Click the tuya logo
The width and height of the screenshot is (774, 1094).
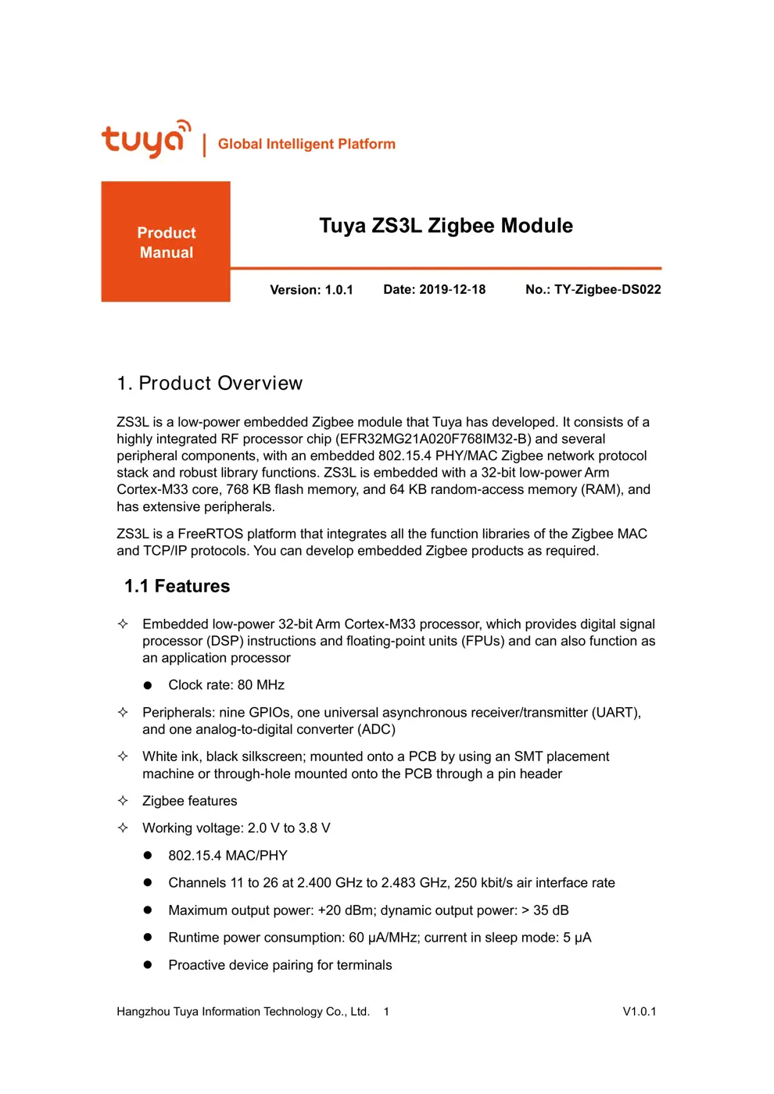pos(145,140)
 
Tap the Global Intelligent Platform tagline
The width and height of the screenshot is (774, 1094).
pos(306,144)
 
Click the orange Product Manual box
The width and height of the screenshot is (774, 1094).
pos(166,242)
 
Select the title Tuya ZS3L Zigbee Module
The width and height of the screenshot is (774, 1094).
pos(446,226)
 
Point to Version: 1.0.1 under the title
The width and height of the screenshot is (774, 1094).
pos(311,290)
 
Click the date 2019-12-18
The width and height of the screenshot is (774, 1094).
pos(452,289)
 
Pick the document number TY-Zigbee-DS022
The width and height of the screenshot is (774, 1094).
pos(607,289)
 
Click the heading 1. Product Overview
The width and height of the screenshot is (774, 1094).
pos(210,383)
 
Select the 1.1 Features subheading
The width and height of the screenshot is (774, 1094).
pos(177,586)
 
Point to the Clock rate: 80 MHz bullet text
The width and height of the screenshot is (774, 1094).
pos(226,685)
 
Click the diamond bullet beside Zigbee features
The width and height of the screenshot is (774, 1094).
pos(123,800)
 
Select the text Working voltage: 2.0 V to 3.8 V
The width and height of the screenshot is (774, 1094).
pos(236,828)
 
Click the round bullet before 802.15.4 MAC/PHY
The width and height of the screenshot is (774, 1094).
pos(148,856)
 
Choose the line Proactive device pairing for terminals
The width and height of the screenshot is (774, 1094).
pos(280,965)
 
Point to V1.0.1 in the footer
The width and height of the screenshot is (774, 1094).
pos(639,1011)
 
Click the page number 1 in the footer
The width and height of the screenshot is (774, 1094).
pos(386,1011)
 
